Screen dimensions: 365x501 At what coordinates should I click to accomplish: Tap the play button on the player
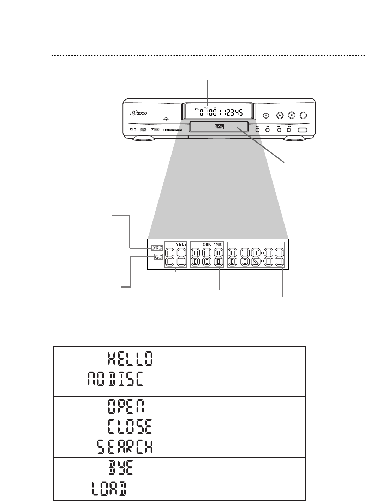click(279, 115)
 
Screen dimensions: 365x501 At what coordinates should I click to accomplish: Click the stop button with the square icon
click(292, 115)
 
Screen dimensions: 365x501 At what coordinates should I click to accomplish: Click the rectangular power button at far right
click(303, 130)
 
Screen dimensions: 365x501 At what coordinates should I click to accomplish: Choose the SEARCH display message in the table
click(125, 447)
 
